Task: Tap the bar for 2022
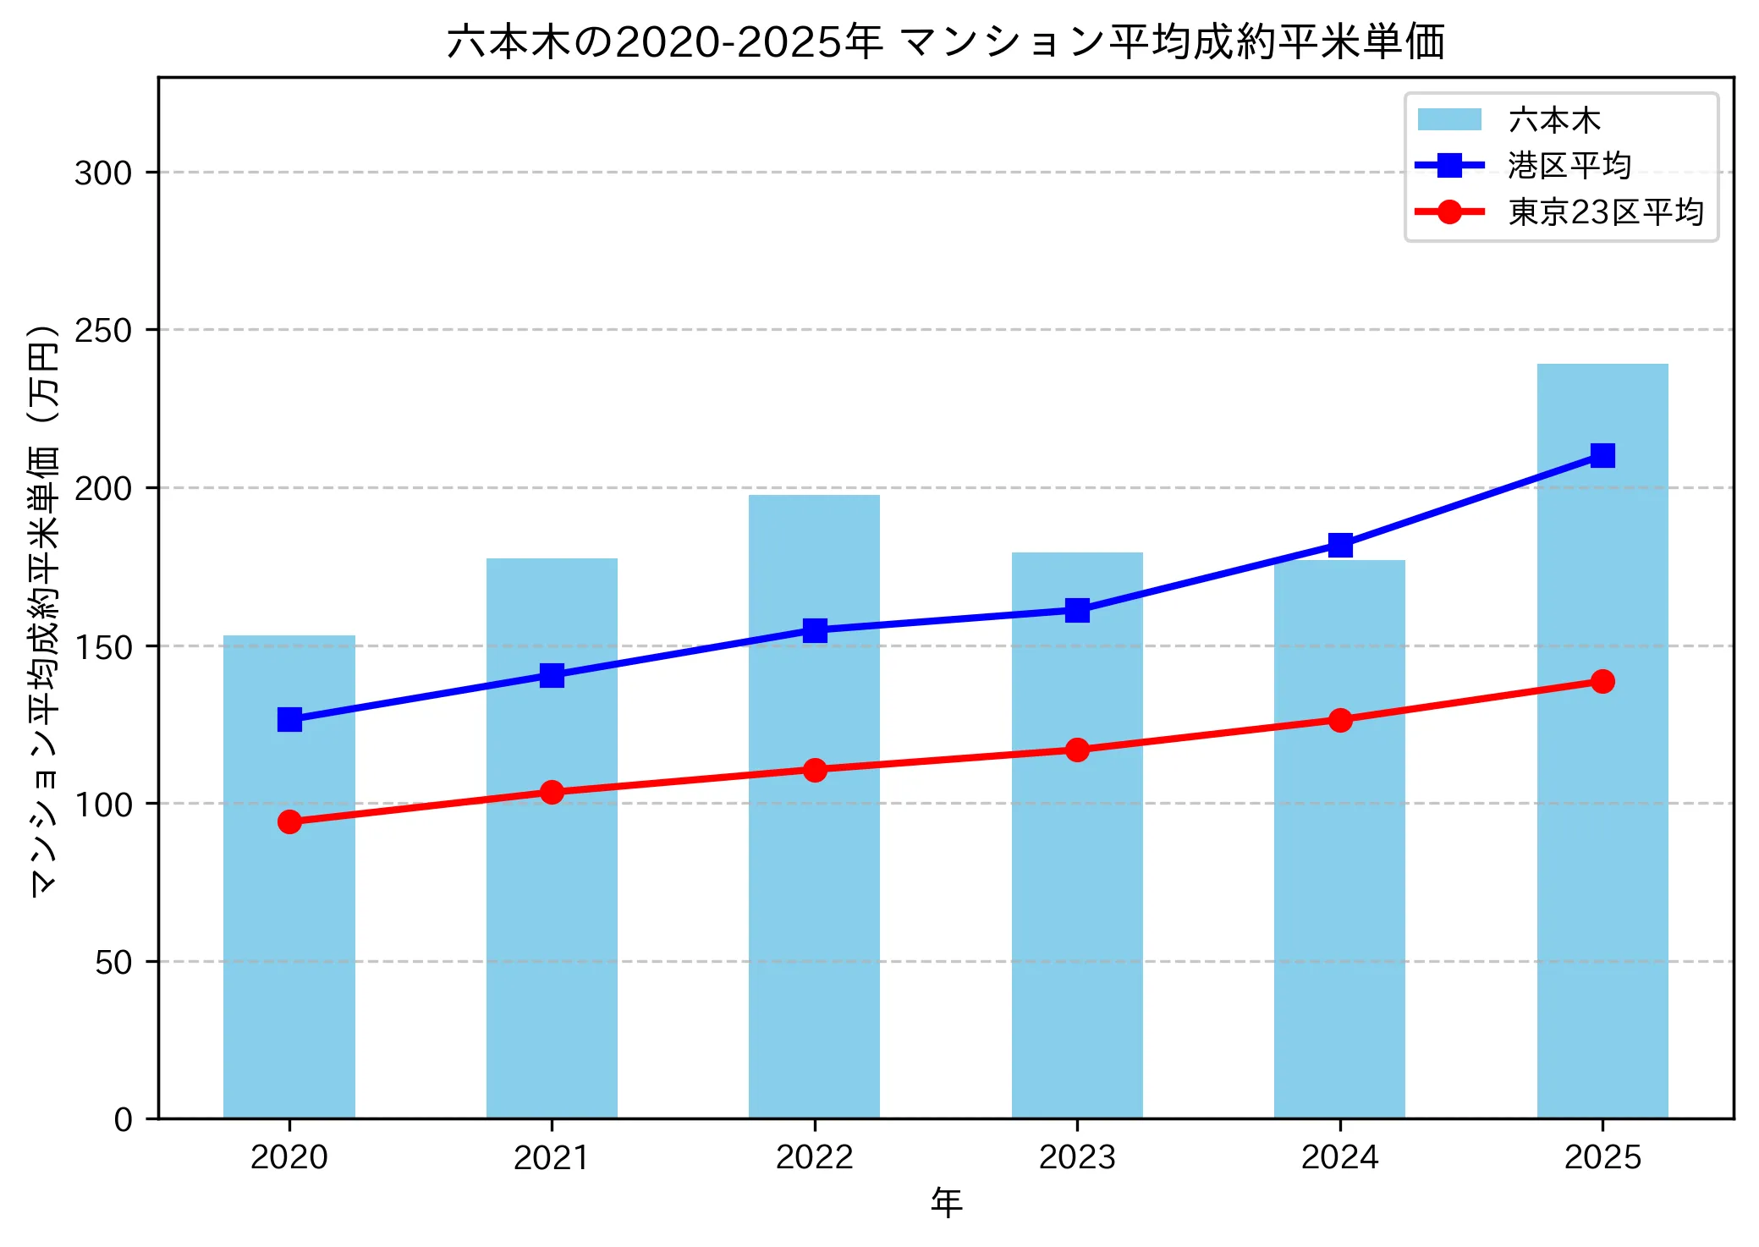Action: coord(814,888)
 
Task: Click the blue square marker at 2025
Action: coord(1602,456)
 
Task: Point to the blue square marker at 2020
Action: coord(289,720)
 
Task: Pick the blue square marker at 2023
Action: coord(1076,610)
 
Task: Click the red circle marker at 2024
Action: coord(1339,720)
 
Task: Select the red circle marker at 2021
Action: coord(552,792)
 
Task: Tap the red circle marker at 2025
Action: coord(1602,681)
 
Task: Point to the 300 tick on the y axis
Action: coord(103,173)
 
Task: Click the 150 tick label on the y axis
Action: coord(103,647)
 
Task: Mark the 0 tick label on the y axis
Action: coord(123,1120)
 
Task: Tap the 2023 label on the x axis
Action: coord(1076,1157)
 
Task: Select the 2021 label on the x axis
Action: coord(552,1157)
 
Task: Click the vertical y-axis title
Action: coord(44,609)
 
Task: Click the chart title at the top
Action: coord(945,41)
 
